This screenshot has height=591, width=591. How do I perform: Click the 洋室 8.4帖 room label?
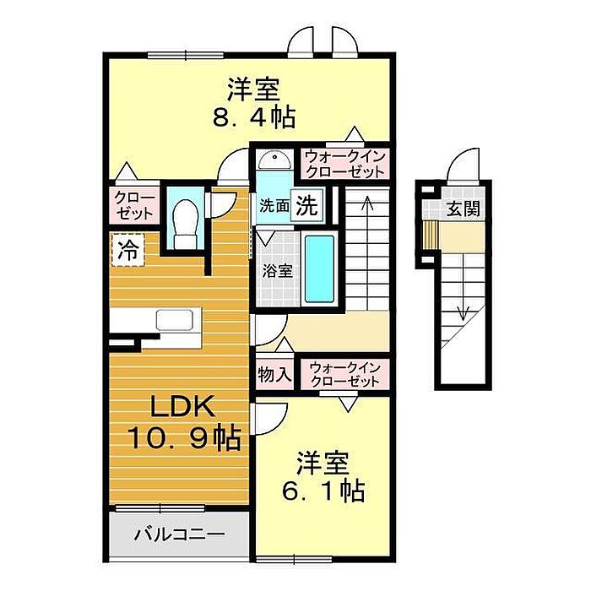pyautogui.click(x=253, y=102)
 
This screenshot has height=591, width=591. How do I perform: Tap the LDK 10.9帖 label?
pyautogui.click(x=184, y=422)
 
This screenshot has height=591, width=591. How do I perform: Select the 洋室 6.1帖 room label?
pyautogui.click(x=323, y=476)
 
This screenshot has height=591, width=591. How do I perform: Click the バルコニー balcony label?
pyautogui.click(x=179, y=534)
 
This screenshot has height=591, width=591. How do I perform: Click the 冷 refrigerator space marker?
pyautogui.click(x=128, y=250)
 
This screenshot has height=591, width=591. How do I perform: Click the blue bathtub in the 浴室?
pyautogui.click(x=320, y=268)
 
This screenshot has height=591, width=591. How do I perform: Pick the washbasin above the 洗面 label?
pyautogui.click(x=274, y=160)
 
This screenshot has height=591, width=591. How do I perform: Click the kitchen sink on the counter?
pyautogui.click(x=175, y=320)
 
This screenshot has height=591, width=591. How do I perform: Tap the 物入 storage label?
pyautogui.click(x=274, y=375)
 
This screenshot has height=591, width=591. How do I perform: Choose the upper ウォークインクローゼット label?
pyautogui.click(x=344, y=164)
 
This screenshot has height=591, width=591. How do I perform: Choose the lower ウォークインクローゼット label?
pyautogui.click(x=344, y=375)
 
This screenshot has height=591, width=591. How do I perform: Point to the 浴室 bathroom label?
pyautogui.click(x=278, y=271)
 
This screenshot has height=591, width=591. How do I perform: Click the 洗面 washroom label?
pyautogui.click(x=274, y=206)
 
